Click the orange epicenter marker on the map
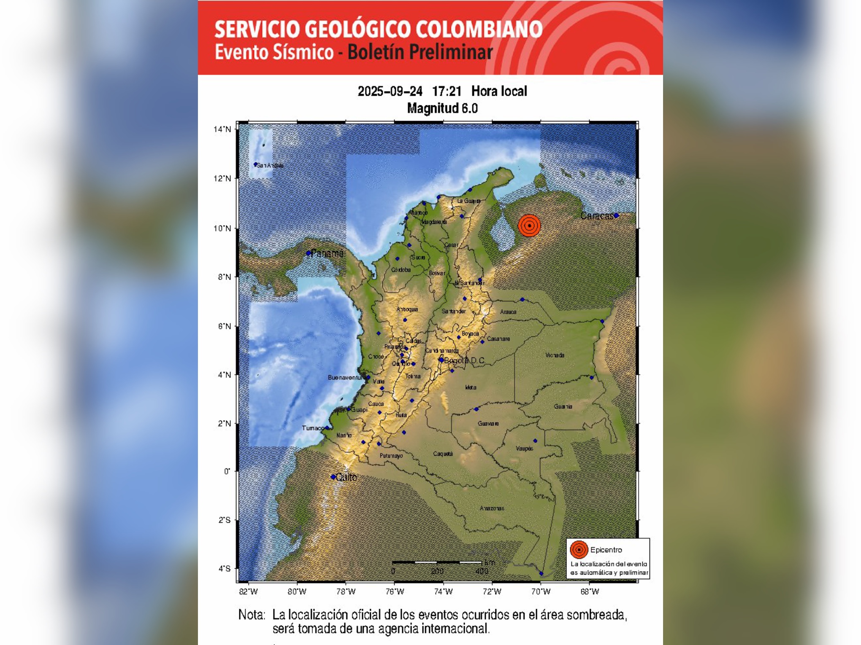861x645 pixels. pyautogui.click(x=529, y=226)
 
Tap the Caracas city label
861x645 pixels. pyautogui.click(x=597, y=216)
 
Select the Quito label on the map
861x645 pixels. pyautogui.click(x=346, y=477)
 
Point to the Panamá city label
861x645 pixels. pyautogui.click(x=327, y=253)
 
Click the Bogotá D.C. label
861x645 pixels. pyautogui.click(x=464, y=361)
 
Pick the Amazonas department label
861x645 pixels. pyautogui.click(x=492, y=508)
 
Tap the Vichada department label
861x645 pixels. pyautogui.click(x=555, y=355)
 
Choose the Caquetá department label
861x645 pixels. pyautogui.click(x=443, y=454)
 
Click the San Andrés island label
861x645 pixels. pyautogui.click(x=270, y=165)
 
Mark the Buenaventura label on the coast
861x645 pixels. pyautogui.click(x=346, y=378)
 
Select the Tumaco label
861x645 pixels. pyautogui.click(x=313, y=428)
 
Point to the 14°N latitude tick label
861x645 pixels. pyautogui.click(x=222, y=129)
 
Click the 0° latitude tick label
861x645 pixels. pyautogui.click(x=227, y=471)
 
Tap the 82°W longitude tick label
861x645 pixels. pyautogui.click(x=248, y=591)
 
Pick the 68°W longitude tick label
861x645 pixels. pyautogui.click(x=590, y=591)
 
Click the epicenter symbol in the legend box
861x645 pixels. pyautogui.click(x=579, y=550)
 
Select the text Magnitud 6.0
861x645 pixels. pyautogui.click(x=442, y=108)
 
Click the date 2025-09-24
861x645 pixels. pyautogui.click(x=390, y=91)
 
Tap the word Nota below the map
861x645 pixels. pyautogui.click(x=252, y=615)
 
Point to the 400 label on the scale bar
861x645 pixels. pyautogui.click(x=482, y=571)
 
